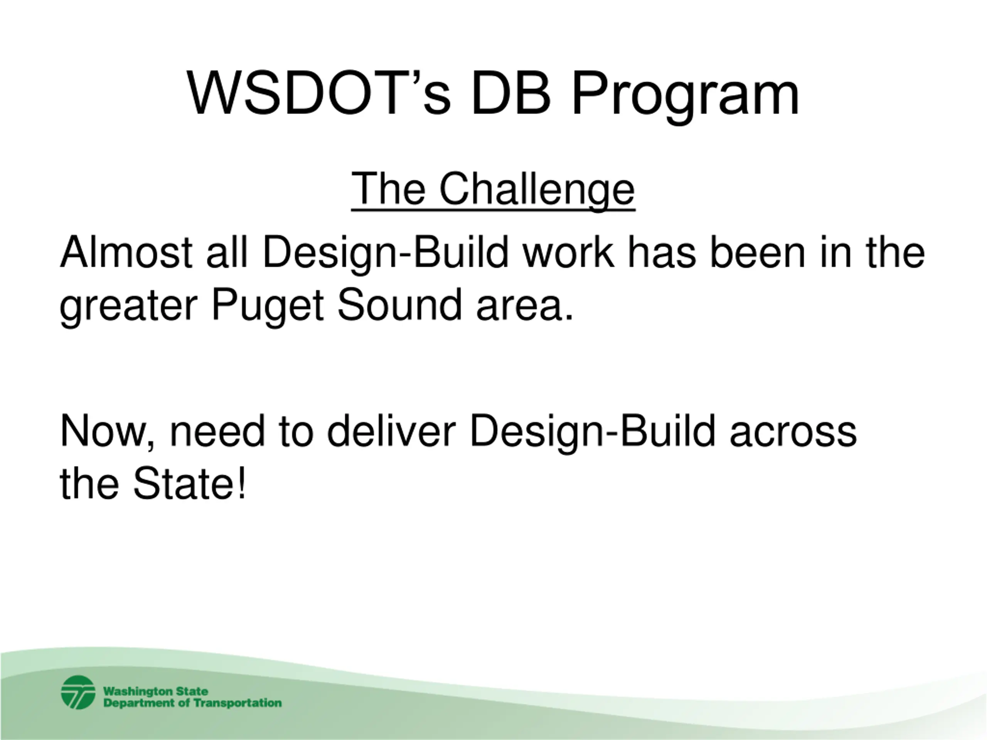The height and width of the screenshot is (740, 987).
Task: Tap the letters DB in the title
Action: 511,94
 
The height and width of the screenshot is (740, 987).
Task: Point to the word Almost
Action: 126,252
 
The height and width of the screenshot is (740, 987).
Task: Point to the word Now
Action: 104,431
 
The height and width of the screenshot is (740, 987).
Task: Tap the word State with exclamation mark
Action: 189,484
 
